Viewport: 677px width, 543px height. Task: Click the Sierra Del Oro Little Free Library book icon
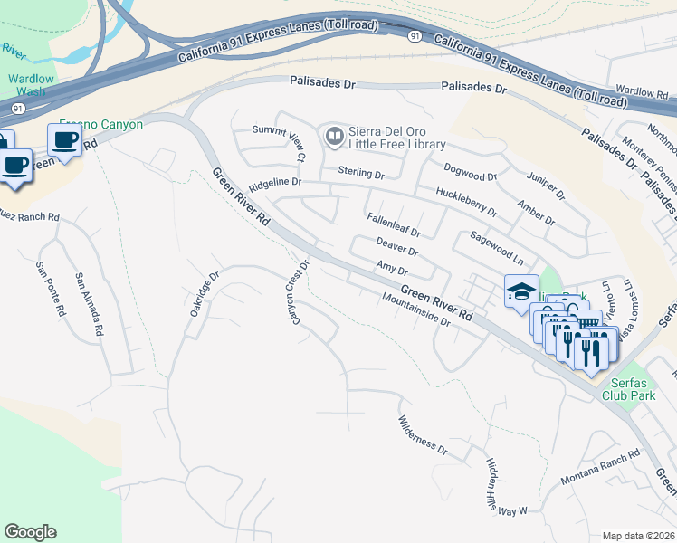333,137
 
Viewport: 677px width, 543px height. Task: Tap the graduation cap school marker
521,291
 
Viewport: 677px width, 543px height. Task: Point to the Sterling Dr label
361,172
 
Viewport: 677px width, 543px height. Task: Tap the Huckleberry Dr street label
466,202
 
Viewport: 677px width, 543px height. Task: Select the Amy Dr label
392,267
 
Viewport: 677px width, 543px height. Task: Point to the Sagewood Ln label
497,246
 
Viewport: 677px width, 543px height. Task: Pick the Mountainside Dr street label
415,310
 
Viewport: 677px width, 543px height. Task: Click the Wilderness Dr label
423,435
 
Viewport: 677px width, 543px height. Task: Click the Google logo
30,532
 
